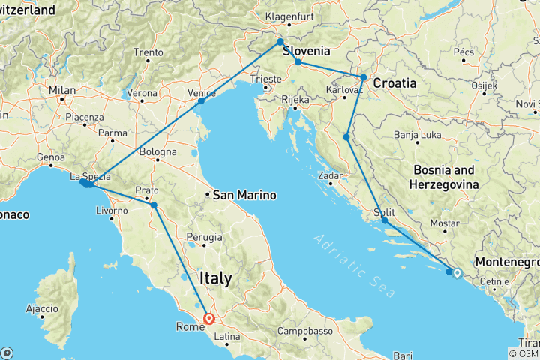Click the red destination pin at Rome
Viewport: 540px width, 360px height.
(208, 318)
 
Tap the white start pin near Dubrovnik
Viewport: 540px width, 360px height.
(457, 273)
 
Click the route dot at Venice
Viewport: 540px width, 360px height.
(201, 100)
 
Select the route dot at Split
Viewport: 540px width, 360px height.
(384, 220)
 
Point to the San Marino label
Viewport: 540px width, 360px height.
(244, 196)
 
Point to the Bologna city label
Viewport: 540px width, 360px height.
(156, 153)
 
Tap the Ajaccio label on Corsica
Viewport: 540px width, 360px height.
(43, 308)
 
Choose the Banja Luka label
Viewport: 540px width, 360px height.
(418, 136)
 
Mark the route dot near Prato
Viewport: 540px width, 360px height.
(154, 205)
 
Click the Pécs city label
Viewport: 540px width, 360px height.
(463, 53)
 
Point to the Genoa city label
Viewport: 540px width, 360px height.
(51, 158)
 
